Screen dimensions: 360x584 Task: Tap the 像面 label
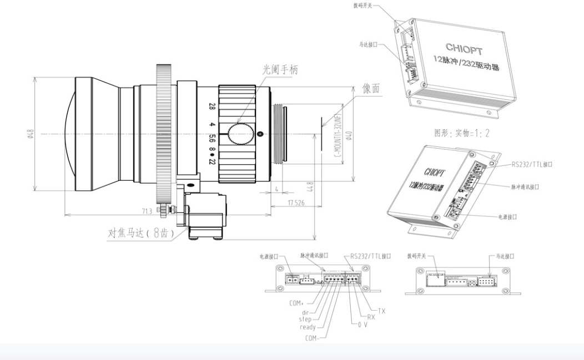373,89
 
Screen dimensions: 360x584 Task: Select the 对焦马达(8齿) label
140,234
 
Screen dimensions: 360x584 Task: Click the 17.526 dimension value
296,203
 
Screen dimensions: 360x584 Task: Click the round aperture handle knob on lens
239,134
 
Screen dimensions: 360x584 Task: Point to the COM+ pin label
297,303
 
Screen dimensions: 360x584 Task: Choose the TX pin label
381,311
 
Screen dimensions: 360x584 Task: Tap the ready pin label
308,327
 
